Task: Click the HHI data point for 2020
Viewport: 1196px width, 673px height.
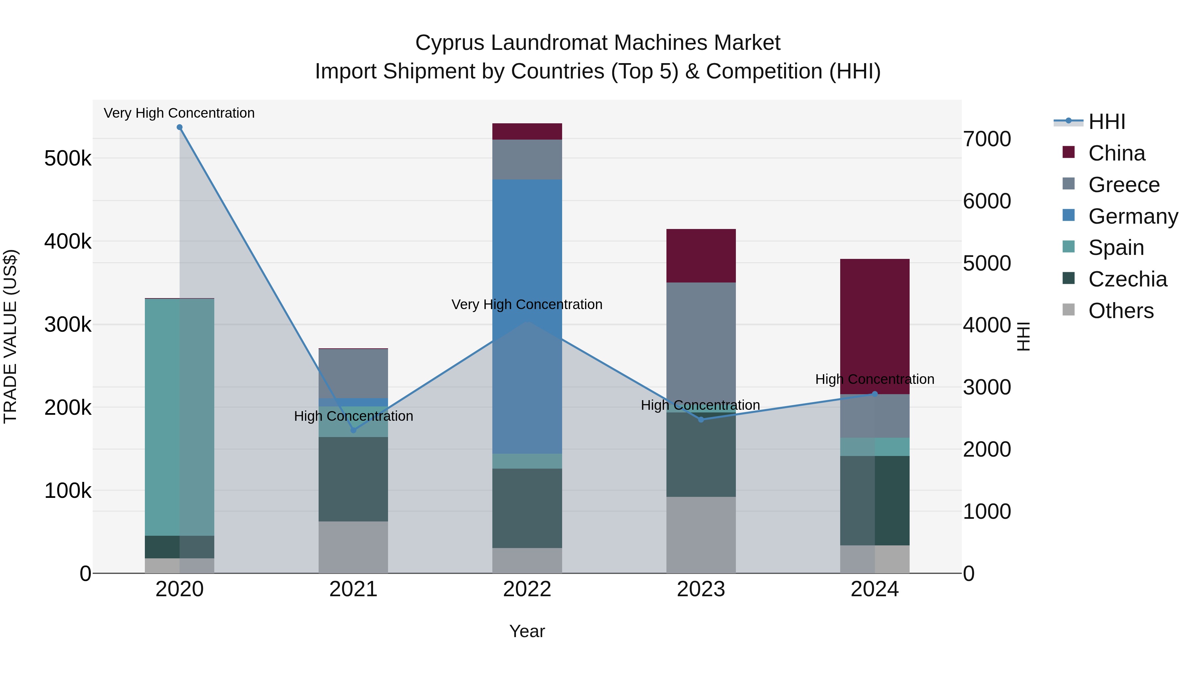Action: click(x=180, y=127)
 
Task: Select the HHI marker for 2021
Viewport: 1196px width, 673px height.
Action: click(x=353, y=430)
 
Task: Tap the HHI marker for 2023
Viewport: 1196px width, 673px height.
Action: click(x=701, y=420)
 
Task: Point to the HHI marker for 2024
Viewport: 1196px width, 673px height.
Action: click(x=875, y=394)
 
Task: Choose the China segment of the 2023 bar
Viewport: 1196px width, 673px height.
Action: click(x=701, y=256)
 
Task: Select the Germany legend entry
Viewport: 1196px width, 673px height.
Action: click(x=1133, y=216)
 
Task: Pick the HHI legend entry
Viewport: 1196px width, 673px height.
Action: click(x=1107, y=122)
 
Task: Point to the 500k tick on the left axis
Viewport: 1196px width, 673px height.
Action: click(x=68, y=159)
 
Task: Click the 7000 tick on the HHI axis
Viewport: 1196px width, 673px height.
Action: click(x=987, y=139)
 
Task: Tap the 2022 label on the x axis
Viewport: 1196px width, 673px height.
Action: click(x=527, y=589)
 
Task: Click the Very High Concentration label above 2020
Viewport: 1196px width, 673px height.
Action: click(x=179, y=113)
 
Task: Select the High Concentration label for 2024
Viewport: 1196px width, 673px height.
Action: click(x=875, y=380)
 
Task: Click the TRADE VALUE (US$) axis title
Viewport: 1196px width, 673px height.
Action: click(x=10, y=336)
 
